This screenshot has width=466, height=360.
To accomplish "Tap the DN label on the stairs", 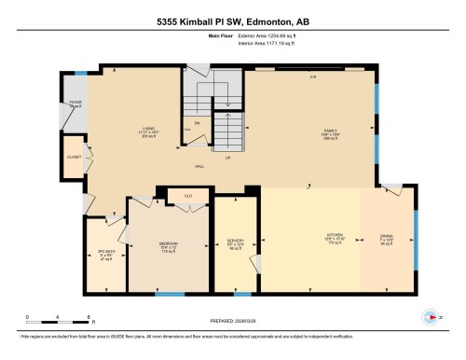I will tap(196, 120).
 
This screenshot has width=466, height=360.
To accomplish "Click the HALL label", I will tap(199, 166).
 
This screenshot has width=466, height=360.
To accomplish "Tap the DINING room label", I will tap(386, 237).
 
